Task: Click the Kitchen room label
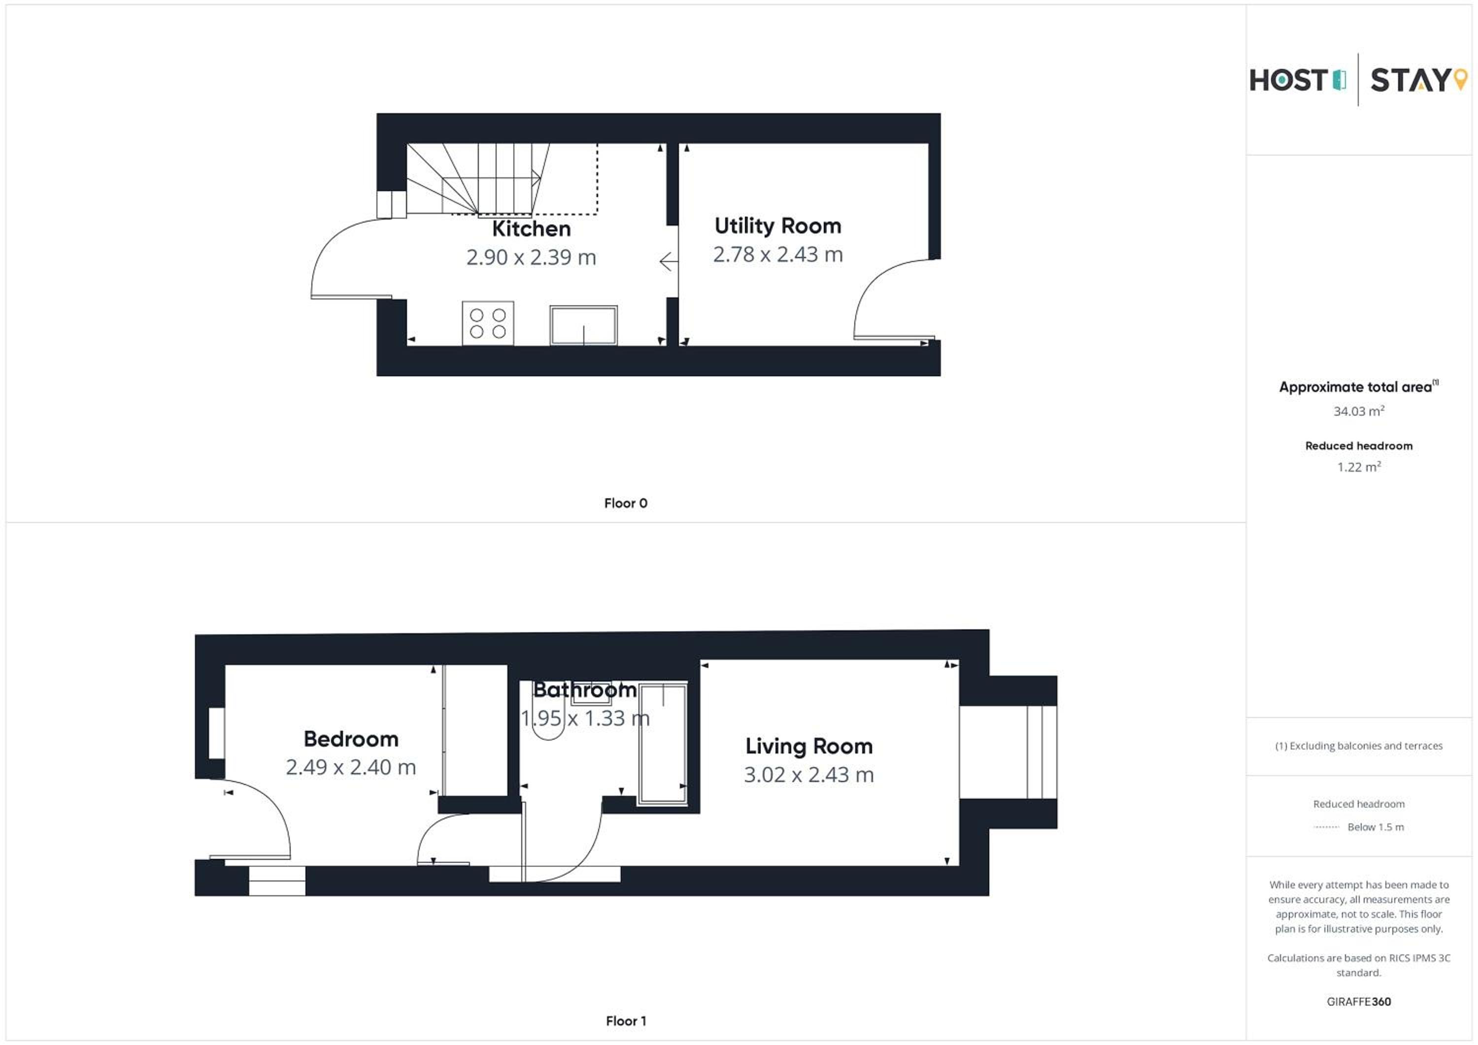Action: click(531, 229)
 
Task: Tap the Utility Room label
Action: click(777, 226)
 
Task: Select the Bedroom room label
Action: click(351, 739)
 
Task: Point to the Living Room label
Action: click(809, 747)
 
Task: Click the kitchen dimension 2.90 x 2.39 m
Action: click(531, 258)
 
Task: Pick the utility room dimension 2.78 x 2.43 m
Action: click(777, 255)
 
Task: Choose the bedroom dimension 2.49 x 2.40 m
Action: click(351, 767)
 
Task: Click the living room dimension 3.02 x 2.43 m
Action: click(809, 775)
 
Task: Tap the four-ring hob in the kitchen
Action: click(488, 323)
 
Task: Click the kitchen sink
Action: click(583, 325)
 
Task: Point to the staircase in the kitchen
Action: click(478, 178)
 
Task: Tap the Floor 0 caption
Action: click(626, 503)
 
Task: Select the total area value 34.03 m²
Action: click(1358, 411)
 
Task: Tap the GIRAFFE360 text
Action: click(1358, 1002)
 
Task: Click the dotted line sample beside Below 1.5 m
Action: click(1326, 827)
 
